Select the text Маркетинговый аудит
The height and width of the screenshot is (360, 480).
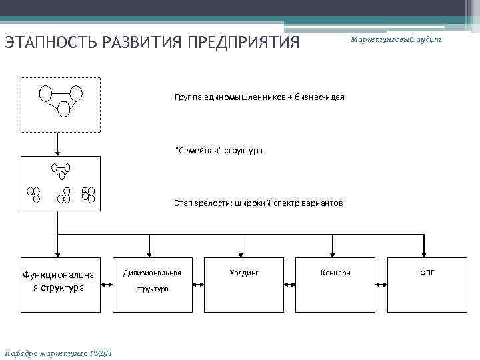(x=396, y=40)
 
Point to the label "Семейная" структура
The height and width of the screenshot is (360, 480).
(x=219, y=151)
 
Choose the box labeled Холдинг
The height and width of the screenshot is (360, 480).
(x=243, y=285)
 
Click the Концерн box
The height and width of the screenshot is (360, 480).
(x=335, y=285)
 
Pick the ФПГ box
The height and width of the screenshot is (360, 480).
(x=427, y=285)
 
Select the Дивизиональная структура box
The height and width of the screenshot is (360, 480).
(x=152, y=285)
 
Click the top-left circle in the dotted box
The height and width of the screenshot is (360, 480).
(x=46, y=93)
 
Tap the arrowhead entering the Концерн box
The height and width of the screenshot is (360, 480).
(x=333, y=253)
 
